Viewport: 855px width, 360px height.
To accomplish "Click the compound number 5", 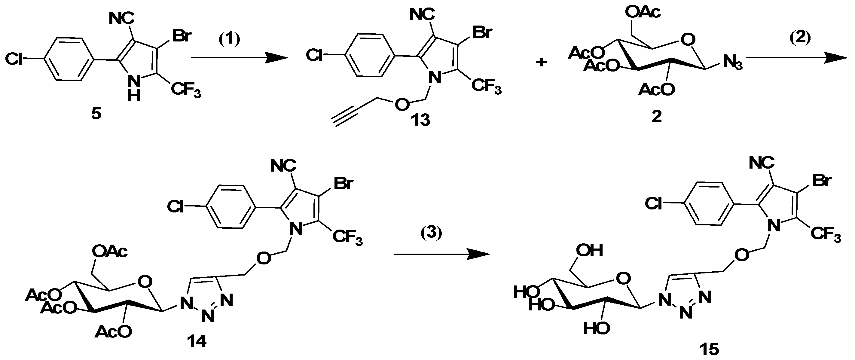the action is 96,114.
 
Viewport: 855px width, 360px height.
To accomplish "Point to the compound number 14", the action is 197,341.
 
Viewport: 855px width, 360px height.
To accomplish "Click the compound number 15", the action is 709,349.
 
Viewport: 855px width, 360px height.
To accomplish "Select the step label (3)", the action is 432,233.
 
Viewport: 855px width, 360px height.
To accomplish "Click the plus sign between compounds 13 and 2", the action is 541,62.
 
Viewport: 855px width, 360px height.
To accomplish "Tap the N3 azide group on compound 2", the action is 732,63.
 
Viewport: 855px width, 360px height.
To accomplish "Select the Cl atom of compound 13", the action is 314,55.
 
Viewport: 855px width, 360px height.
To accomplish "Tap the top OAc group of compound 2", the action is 643,12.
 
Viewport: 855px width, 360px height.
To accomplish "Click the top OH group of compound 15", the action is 589,250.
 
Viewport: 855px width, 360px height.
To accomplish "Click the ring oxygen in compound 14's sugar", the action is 145,282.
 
